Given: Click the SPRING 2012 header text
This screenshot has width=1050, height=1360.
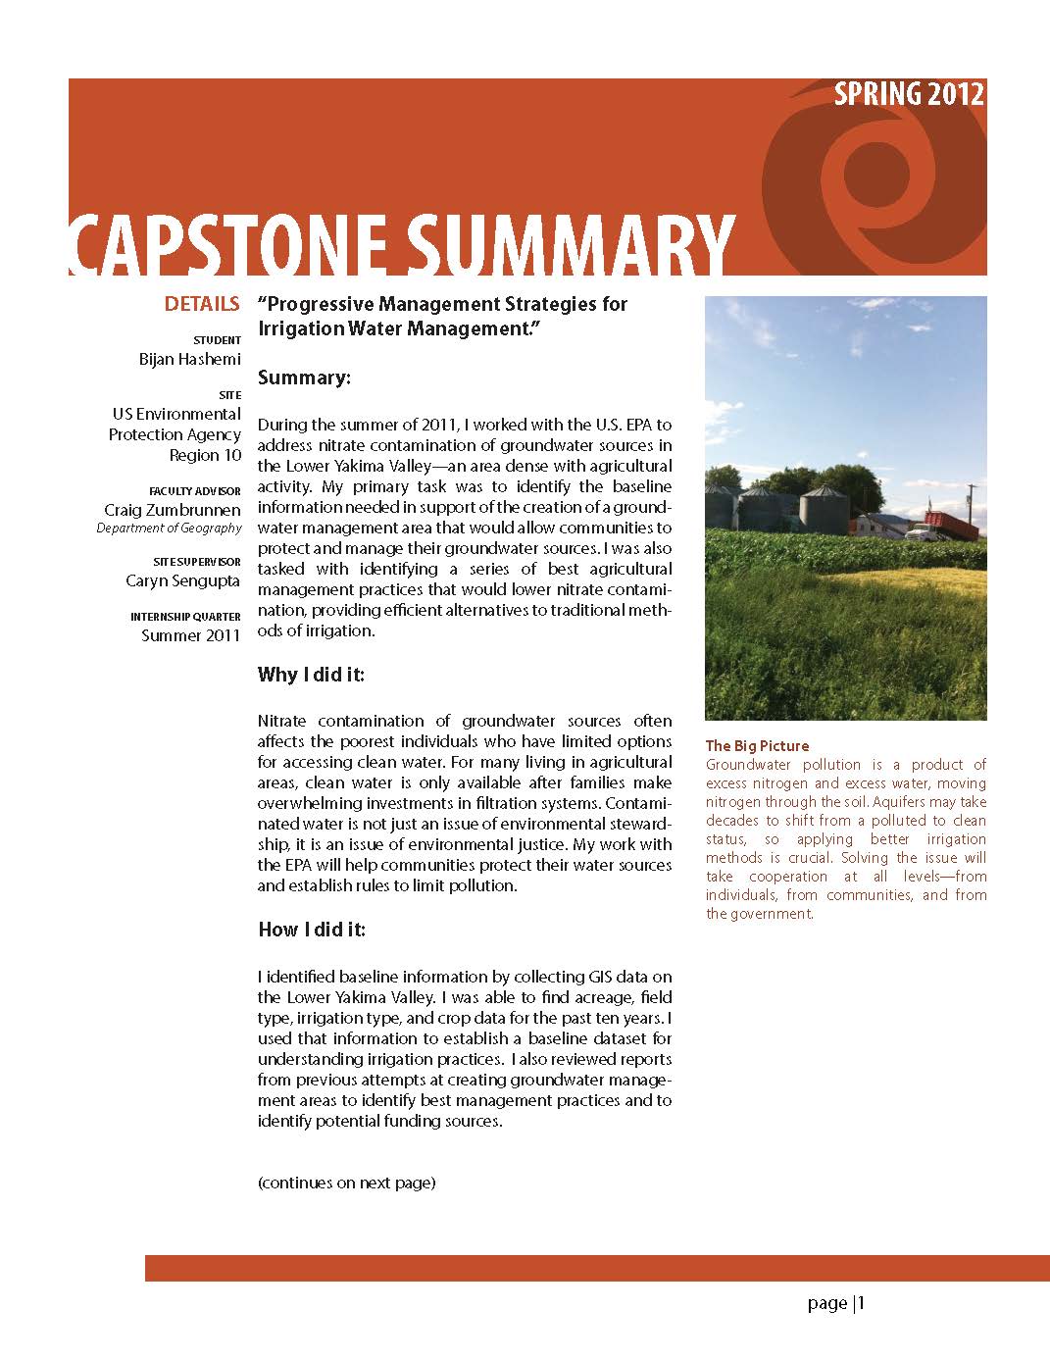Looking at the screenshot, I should click(909, 94).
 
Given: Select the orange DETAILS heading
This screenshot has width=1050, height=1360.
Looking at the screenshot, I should click(201, 304).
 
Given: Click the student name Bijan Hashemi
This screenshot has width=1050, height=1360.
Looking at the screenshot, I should click(189, 359).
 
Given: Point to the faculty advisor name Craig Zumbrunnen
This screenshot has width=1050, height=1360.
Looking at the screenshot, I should click(173, 510).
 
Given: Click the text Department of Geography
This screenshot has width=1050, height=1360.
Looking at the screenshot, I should click(169, 528).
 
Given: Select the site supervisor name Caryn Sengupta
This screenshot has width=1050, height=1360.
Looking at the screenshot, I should click(183, 580).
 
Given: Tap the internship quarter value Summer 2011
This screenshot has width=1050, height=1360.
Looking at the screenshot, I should click(191, 635).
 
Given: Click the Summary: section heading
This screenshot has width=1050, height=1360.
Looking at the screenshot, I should click(304, 378).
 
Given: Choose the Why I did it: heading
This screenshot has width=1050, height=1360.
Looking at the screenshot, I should click(311, 674).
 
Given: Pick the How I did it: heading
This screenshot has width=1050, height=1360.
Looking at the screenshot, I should click(311, 930).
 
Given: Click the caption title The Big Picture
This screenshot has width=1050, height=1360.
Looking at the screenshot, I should click(757, 746).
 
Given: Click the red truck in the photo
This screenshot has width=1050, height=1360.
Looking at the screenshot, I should click(950, 527).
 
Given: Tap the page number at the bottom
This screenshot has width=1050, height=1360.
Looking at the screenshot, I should click(836, 1303).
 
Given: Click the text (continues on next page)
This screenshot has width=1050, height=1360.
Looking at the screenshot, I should click(346, 1183).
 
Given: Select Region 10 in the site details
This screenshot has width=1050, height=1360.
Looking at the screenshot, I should click(205, 455).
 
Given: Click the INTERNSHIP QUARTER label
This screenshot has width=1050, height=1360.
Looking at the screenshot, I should click(185, 617).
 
